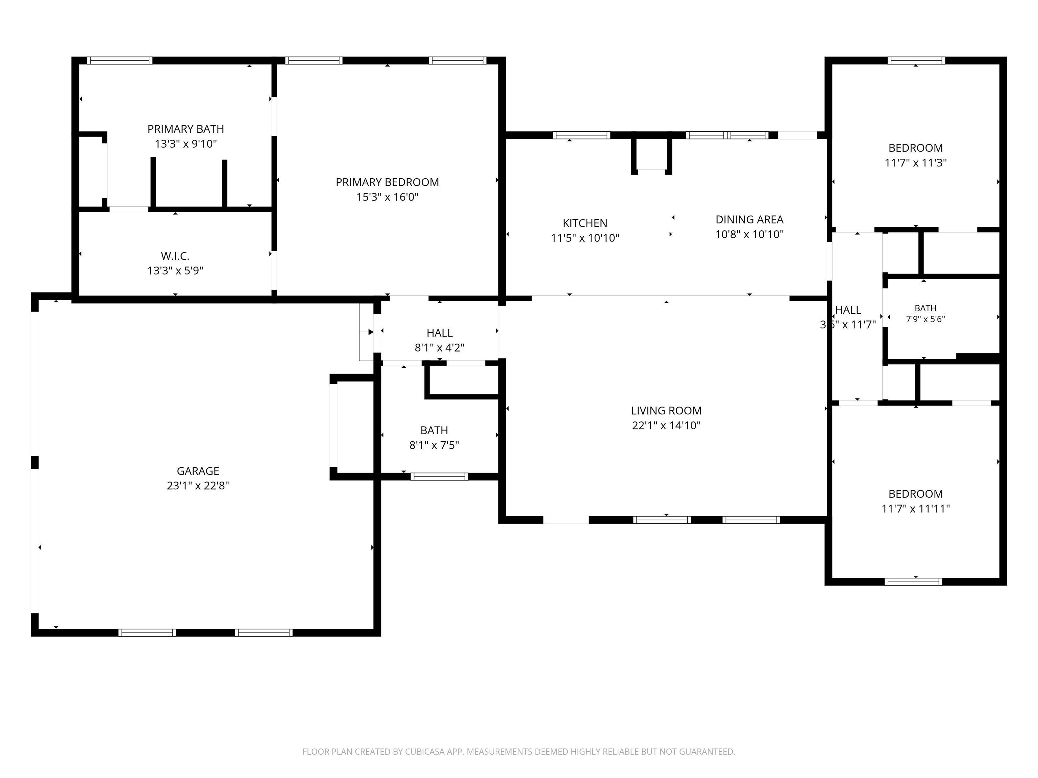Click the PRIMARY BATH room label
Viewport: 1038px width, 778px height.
pos(186,129)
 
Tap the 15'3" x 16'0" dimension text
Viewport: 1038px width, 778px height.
pos(387,197)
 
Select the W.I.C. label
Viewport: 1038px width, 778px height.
pos(175,256)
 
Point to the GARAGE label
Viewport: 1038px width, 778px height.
pos(198,471)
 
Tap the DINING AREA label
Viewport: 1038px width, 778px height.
pos(749,219)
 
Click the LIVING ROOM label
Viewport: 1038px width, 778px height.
pos(666,411)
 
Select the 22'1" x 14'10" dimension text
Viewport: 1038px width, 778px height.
pos(666,425)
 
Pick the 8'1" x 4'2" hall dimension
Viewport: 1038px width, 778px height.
pos(439,347)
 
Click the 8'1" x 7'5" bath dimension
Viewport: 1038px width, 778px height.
pos(434,445)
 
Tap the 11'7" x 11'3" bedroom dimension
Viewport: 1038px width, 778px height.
pos(916,163)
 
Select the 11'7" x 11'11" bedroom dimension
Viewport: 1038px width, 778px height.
pos(916,508)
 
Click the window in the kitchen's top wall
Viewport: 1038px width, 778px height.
pos(581,135)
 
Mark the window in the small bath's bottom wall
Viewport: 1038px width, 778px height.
pos(439,476)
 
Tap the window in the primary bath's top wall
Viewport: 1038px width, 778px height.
pos(120,60)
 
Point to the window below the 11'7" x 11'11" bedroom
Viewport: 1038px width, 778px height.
pos(913,582)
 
